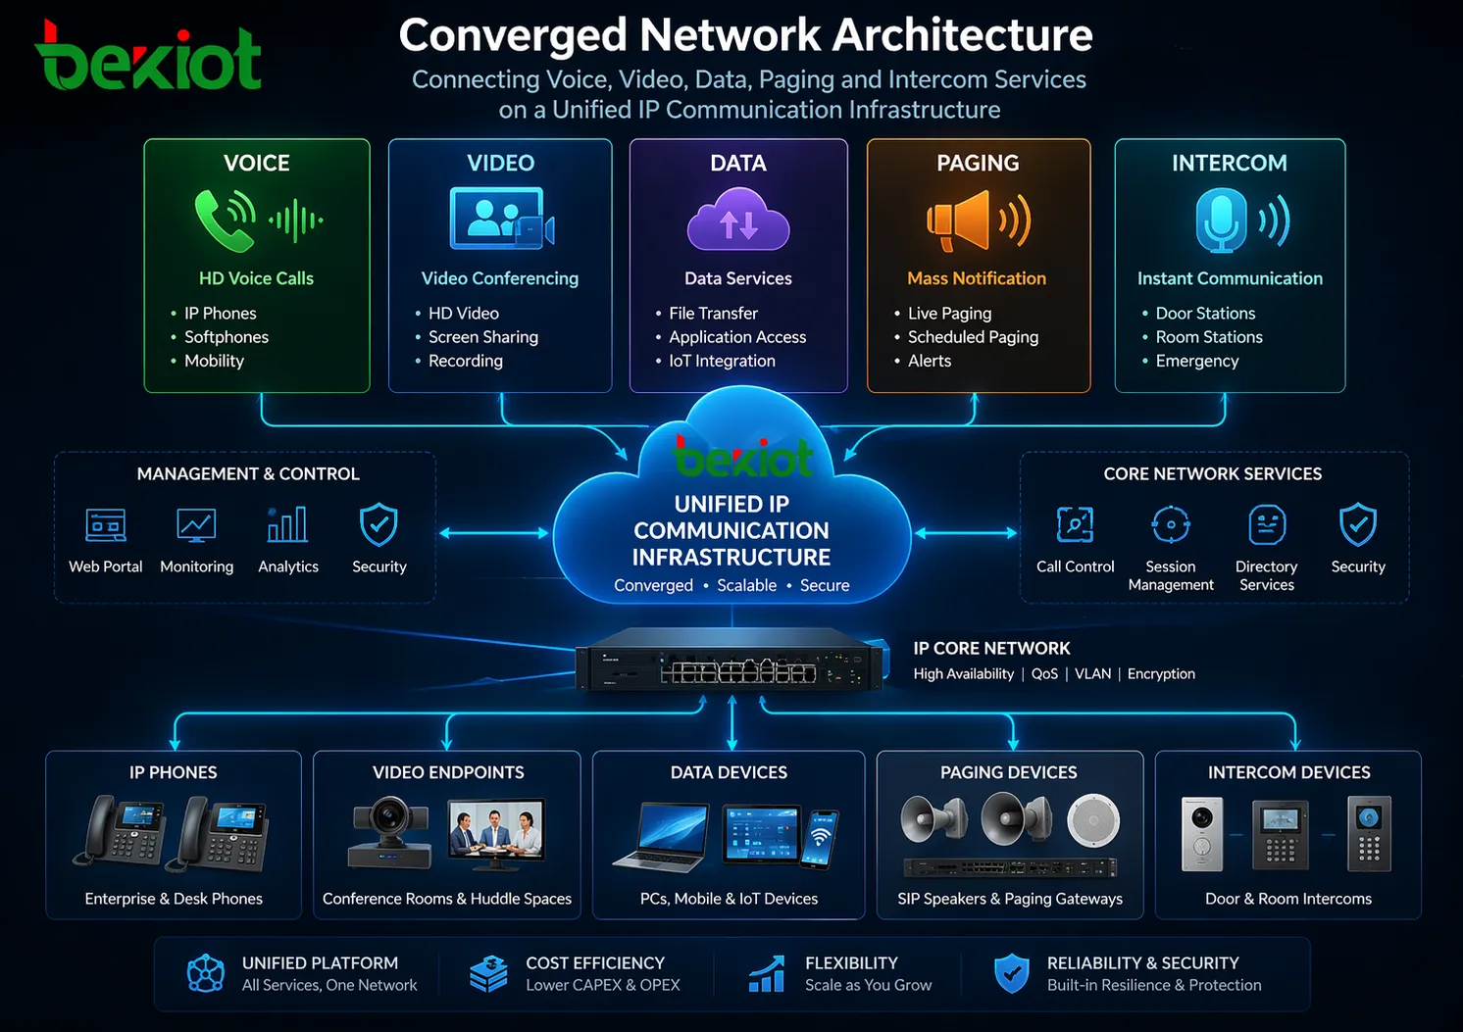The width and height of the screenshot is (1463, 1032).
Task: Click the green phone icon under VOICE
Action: [x=224, y=220]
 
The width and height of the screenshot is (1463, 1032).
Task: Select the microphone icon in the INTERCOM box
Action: [x=1221, y=220]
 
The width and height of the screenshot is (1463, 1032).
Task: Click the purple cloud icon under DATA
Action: [x=738, y=220]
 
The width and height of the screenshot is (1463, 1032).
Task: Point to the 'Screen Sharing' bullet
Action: [x=482, y=337]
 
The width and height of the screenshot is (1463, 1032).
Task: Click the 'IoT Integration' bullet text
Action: [x=722, y=361]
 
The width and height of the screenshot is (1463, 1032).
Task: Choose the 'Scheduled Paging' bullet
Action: [x=972, y=337]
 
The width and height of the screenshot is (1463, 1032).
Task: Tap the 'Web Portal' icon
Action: [x=106, y=525]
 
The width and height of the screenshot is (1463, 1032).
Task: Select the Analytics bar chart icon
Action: [x=287, y=525]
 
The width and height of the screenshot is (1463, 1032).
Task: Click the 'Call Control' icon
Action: [x=1075, y=524]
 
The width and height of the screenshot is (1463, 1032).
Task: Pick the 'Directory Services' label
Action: [x=1266, y=575]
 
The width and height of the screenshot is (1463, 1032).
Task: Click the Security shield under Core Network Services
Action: [x=1358, y=524]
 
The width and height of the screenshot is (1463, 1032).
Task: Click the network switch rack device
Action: [x=731, y=662]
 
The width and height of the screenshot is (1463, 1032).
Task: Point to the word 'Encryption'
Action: [x=1161, y=674]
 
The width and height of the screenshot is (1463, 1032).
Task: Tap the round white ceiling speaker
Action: [x=1093, y=820]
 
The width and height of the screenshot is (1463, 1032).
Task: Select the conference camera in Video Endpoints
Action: [x=390, y=830]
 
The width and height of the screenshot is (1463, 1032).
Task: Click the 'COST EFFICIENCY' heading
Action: [x=595, y=963]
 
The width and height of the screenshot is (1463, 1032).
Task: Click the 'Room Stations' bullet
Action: [x=1208, y=337]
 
